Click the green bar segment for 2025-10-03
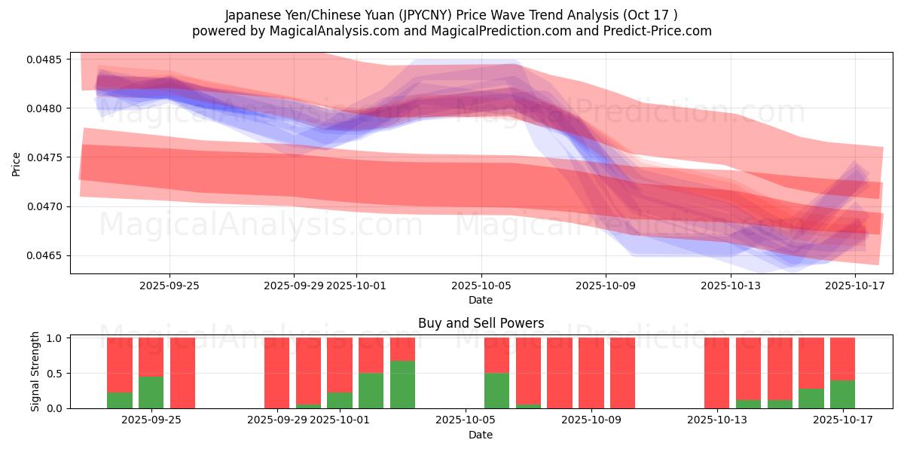pos(402,384)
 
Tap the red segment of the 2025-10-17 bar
pos(842,359)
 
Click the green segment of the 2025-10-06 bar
pos(496,390)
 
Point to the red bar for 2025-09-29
pos(276,373)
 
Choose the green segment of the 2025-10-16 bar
pos(811,399)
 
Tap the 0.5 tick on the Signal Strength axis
pos(55,373)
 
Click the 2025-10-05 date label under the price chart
pos(481,286)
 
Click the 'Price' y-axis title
pos(17,163)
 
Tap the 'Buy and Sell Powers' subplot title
pos(481,323)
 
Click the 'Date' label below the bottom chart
pos(481,435)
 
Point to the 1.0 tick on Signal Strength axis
pos(55,338)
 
